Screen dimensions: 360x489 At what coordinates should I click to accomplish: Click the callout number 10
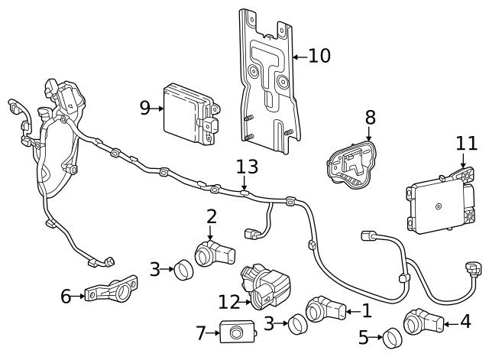[319, 56]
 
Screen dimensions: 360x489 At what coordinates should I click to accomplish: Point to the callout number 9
[145, 108]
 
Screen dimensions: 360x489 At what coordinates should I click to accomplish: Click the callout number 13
[247, 167]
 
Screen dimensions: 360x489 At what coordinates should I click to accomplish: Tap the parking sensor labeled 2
[213, 251]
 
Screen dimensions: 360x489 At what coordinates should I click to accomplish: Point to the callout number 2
[212, 217]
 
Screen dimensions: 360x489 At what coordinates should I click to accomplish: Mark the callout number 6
[66, 295]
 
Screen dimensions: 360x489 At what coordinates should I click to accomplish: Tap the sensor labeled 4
[423, 322]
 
